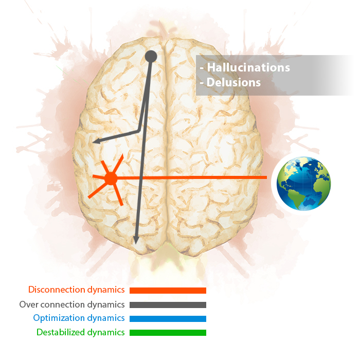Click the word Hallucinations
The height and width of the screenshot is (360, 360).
(x=248, y=67)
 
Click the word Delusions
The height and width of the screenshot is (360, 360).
(x=233, y=82)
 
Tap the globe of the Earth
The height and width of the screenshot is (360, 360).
(x=303, y=184)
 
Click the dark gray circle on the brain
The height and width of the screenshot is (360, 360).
(x=151, y=57)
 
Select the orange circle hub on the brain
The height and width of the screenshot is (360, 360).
(x=111, y=178)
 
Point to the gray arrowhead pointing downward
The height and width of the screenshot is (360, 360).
(x=136, y=240)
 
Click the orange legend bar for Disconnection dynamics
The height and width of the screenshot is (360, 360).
(x=168, y=291)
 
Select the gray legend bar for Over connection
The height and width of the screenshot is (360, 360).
(x=168, y=305)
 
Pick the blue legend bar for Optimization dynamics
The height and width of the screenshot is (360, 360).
(x=168, y=319)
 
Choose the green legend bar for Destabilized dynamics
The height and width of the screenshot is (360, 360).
(x=168, y=333)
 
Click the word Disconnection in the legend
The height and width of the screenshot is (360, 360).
(x=57, y=290)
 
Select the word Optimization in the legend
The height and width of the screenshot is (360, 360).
(x=59, y=318)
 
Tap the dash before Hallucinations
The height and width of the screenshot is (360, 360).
(x=202, y=68)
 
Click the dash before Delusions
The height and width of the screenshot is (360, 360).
(x=202, y=83)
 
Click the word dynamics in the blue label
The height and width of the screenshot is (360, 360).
(x=106, y=318)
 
